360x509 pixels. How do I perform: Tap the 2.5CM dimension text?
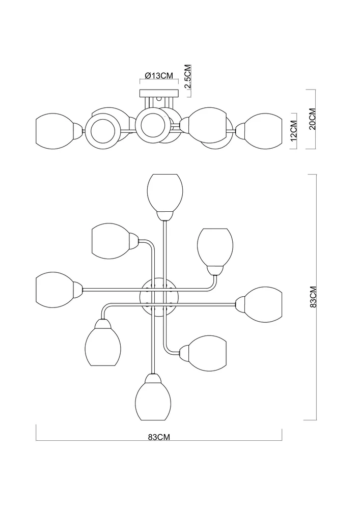(187, 77)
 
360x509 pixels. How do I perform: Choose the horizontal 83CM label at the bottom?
(158, 437)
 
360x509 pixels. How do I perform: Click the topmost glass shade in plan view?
(164, 192)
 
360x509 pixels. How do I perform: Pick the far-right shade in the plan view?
(262, 304)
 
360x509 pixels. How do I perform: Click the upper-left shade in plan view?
(111, 241)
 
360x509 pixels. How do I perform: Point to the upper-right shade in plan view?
(215, 247)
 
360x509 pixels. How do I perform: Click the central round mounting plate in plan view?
(158, 297)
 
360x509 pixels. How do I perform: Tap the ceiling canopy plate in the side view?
(159, 93)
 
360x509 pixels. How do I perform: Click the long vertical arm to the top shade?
(164, 249)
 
